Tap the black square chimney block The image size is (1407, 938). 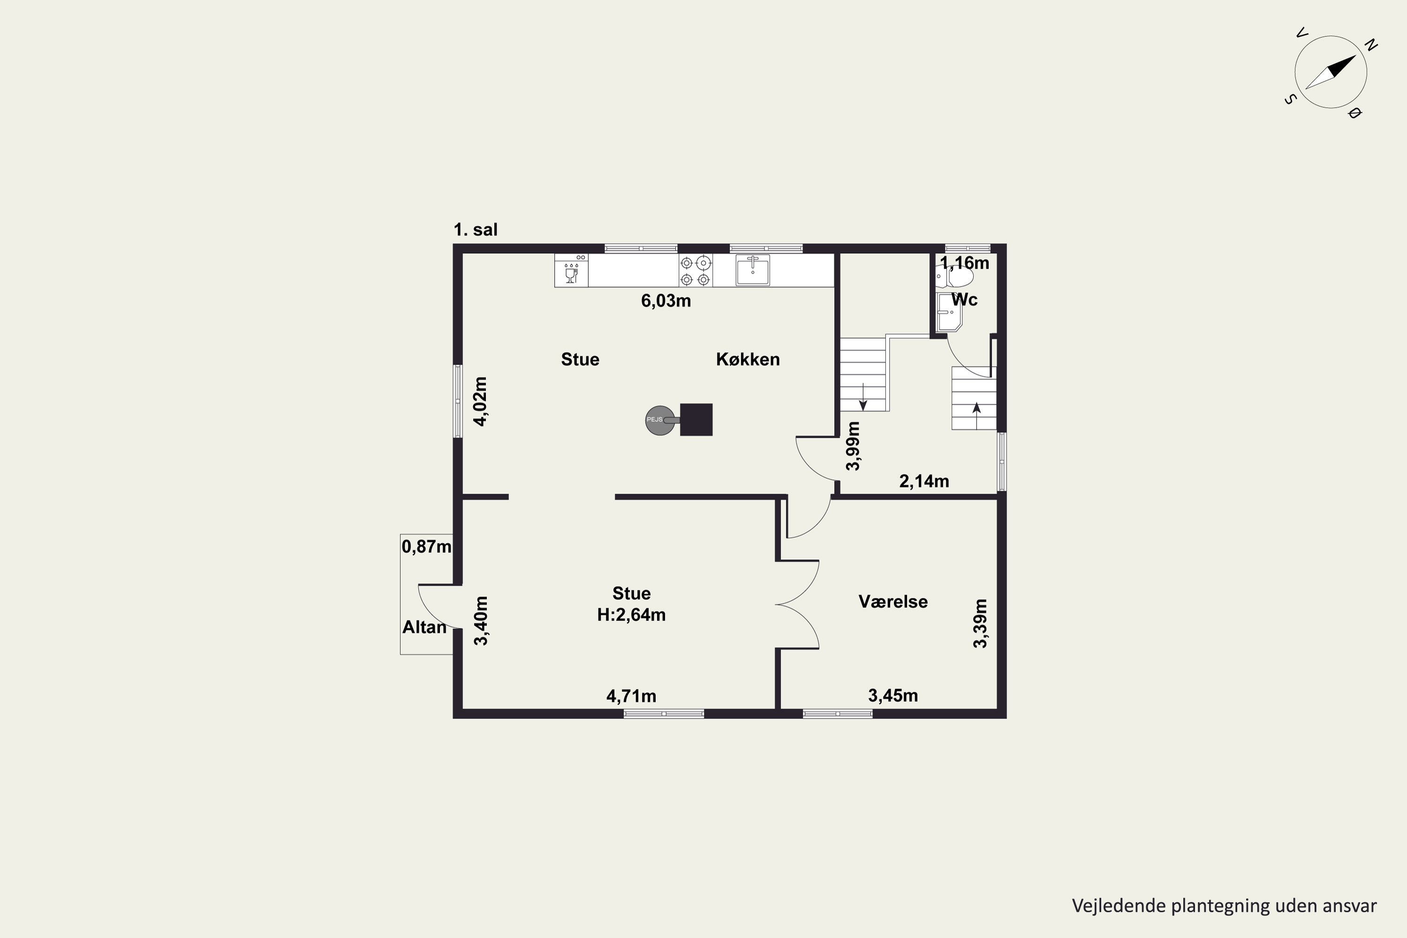point(696,419)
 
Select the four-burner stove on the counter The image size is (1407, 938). point(696,271)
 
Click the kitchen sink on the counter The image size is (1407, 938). point(753,271)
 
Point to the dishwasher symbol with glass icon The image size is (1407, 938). point(571,271)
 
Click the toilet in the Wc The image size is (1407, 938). point(955,278)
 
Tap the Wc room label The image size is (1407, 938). point(964,299)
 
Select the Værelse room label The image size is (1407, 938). point(893,601)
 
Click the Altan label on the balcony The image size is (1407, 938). point(424,627)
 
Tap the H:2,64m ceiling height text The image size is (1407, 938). point(631,614)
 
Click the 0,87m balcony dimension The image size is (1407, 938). point(426,546)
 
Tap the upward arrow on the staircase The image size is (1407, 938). point(977,416)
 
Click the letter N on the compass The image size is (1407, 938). point(1371,45)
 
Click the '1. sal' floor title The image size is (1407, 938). point(476,230)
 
